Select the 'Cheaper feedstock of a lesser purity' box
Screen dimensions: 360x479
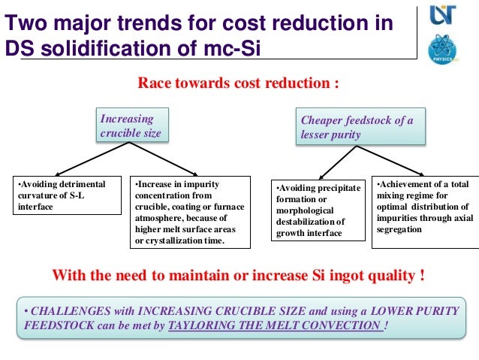tap(360, 127)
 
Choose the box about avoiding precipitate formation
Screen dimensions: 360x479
tap(318, 210)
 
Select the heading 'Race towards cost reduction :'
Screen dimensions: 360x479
tap(238, 82)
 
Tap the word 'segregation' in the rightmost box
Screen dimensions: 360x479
tap(402, 229)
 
